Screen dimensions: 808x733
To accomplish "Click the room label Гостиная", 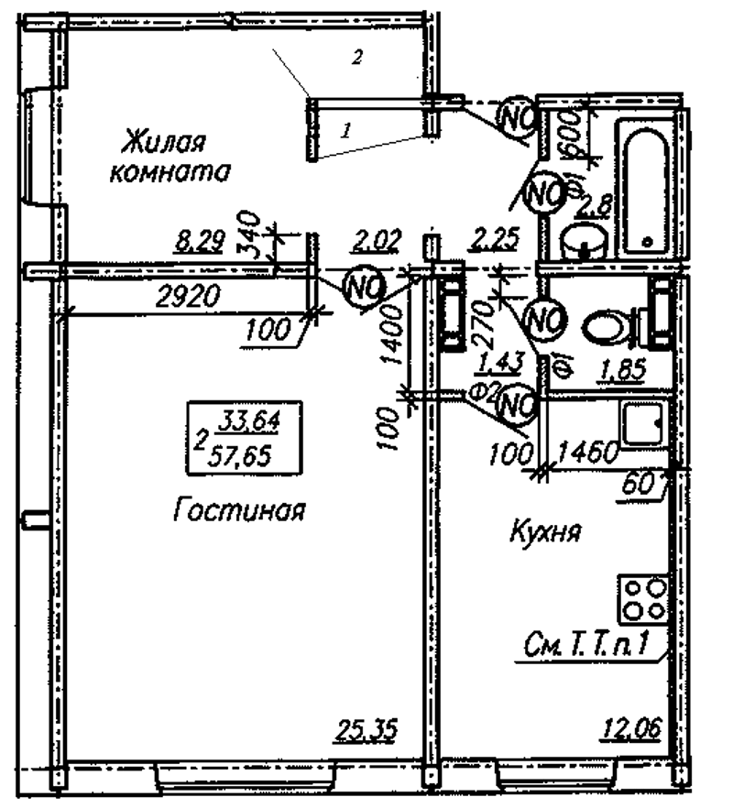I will (x=239, y=511).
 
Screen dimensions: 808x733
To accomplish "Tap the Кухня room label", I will (x=546, y=532).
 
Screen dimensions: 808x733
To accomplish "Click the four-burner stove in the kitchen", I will (x=642, y=598).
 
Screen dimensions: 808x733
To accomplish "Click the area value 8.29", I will (x=198, y=243).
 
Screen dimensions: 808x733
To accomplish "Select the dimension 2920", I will (x=183, y=296).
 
